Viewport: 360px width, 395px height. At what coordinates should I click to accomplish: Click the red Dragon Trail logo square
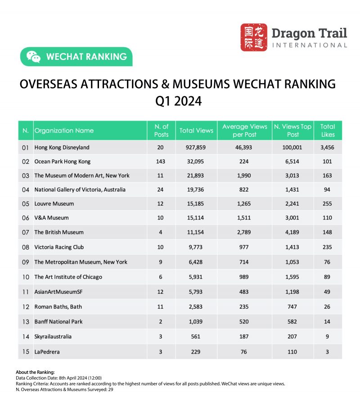[x=254, y=37]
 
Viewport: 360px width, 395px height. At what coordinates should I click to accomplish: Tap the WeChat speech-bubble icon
[x=33, y=57]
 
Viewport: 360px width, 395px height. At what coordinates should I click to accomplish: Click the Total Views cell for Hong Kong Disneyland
[x=196, y=147]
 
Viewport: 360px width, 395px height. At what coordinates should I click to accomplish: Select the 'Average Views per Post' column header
[x=244, y=130]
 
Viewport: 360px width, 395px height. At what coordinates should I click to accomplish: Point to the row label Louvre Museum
[x=54, y=204]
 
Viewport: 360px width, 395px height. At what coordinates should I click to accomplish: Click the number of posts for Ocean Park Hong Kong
[x=161, y=161]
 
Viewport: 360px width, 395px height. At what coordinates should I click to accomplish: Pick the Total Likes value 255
[x=327, y=204]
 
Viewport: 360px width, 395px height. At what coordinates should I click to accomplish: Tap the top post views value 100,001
[x=292, y=147]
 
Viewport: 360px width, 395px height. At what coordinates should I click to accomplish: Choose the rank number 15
[x=26, y=351]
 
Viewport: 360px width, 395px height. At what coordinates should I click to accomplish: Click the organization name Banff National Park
[x=58, y=322]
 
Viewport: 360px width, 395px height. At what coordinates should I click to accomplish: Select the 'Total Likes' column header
[x=327, y=130]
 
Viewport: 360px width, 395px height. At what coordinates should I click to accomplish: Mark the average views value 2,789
[x=244, y=232]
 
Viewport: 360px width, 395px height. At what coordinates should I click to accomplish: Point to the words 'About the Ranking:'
[x=36, y=373]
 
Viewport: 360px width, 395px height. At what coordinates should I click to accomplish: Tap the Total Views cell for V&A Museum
[x=196, y=218]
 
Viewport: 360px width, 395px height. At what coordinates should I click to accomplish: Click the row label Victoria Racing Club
[x=59, y=247]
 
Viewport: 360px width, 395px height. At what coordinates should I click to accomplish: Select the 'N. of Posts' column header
[x=161, y=130]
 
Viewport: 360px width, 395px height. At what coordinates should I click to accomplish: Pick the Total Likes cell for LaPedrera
[x=327, y=351]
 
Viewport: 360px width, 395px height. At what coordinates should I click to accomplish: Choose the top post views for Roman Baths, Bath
[x=292, y=307]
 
